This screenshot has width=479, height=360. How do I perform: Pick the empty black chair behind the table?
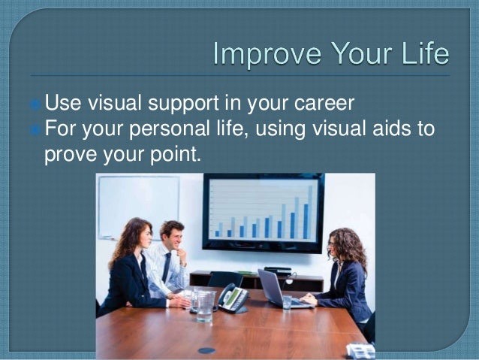coord(225,279)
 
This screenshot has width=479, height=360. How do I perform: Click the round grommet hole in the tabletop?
coord(206,349)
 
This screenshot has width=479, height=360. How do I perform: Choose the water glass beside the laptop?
coord(287,301)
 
